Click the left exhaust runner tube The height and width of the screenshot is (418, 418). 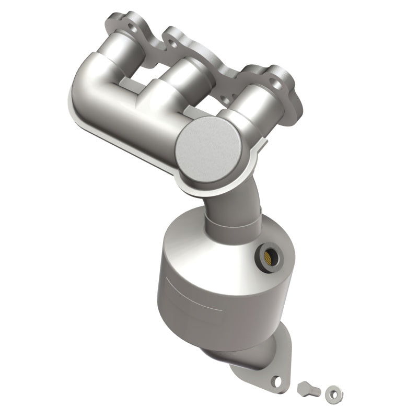(125, 57)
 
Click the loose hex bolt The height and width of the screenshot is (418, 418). (305, 389)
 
